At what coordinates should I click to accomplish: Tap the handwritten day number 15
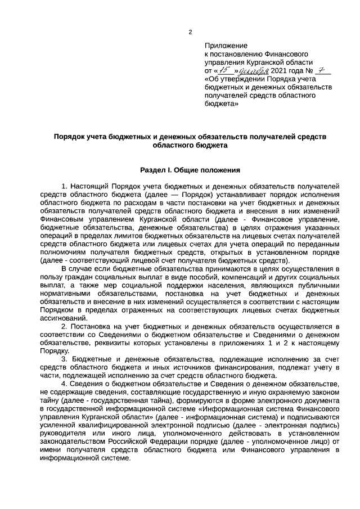[225, 71]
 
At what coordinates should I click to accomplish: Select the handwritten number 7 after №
[322, 70]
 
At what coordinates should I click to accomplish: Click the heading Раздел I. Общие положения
[190, 169]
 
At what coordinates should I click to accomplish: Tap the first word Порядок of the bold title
[71, 136]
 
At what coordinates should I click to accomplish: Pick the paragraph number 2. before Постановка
[65, 326]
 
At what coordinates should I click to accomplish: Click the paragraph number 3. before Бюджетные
[65, 358]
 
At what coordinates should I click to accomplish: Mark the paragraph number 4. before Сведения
[65, 383]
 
